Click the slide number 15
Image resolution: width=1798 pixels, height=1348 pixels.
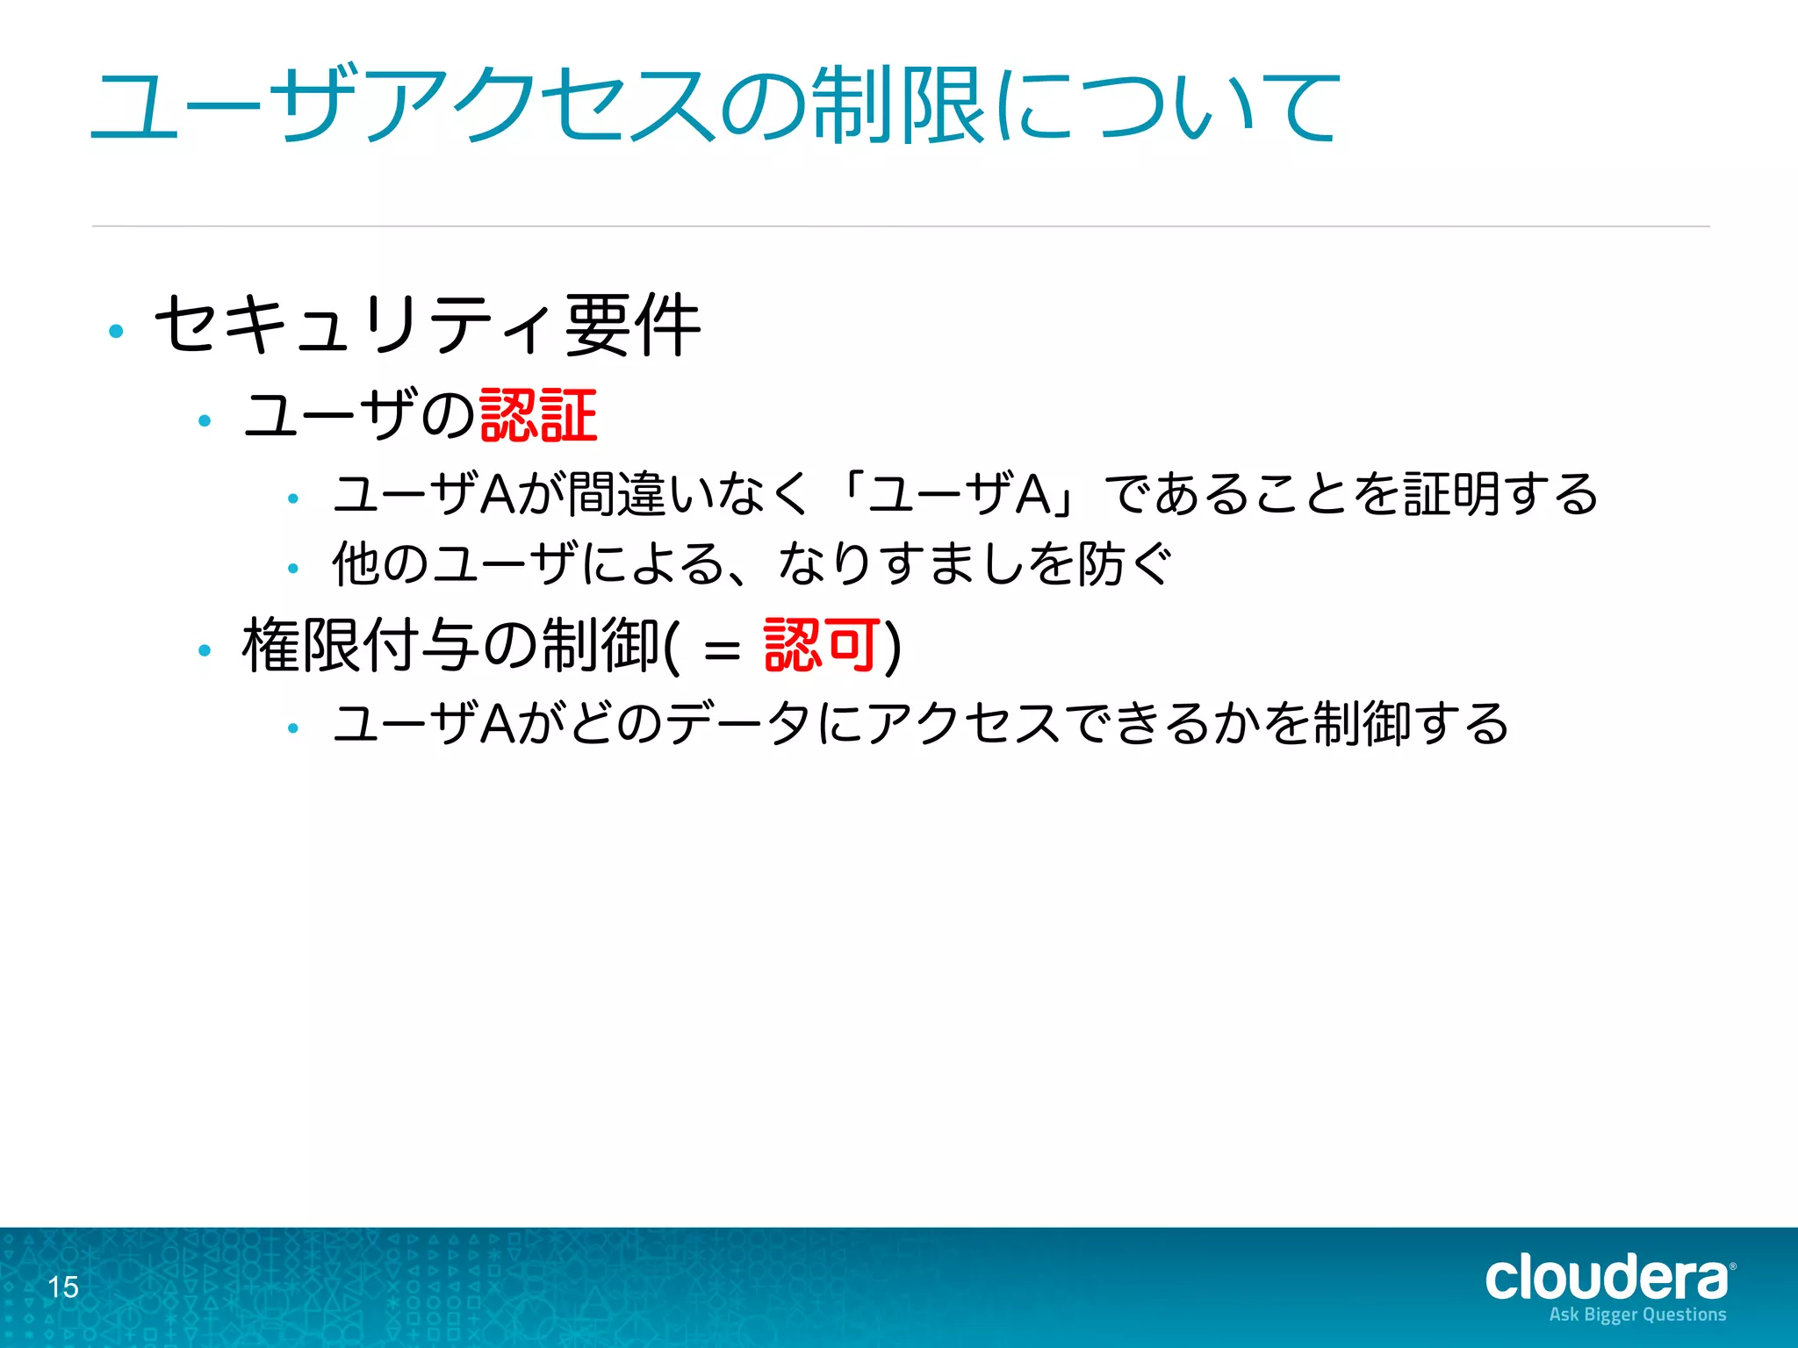coord(63,1287)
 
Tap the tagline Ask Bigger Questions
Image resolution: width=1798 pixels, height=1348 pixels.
coord(1637,1315)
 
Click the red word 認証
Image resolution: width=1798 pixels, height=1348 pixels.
coord(538,415)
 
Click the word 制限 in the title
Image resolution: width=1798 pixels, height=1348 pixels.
coord(896,106)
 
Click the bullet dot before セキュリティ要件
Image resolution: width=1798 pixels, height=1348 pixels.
coord(116,332)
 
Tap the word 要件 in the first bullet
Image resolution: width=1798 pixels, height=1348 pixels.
coord(632,326)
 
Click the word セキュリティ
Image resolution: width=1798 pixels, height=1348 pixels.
coord(356,326)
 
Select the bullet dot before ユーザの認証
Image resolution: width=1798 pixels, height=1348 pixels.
coord(205,421)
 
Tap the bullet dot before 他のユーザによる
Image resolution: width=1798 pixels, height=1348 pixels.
coord(293,569)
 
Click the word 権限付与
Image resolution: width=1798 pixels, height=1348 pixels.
coord(361,646)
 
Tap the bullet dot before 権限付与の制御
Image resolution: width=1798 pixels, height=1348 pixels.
coord(205,651)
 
